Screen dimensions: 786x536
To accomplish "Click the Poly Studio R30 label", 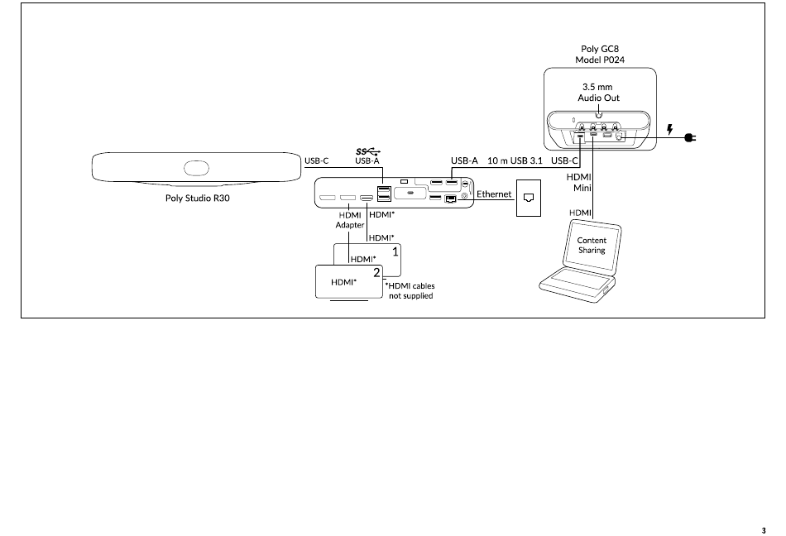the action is (198, 198).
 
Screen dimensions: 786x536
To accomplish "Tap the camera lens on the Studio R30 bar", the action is (197, 168).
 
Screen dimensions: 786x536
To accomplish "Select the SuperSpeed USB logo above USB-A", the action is (368, 151).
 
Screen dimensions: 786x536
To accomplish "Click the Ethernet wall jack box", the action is (529, 198).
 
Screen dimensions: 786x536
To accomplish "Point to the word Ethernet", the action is (494, 194).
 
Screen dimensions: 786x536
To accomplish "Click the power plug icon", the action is (690, 137).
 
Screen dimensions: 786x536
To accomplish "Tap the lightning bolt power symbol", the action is (669, 130).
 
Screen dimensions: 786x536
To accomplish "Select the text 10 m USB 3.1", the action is (515, 160).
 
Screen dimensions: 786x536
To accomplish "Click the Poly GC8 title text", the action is (600, 49).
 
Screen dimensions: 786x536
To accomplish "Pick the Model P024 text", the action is (600, 60).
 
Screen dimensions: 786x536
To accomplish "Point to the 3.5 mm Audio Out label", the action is (598, 93).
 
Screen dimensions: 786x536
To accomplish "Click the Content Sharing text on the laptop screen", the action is (592, 246).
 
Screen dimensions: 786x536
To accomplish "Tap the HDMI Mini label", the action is (579, 182).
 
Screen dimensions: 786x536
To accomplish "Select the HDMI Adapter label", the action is (350, 220).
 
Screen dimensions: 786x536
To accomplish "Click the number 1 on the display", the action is (395, 251).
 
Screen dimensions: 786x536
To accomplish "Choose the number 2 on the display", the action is (376, 273).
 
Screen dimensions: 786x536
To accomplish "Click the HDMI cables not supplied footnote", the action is (410, 291).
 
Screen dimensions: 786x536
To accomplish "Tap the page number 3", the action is (764, 530).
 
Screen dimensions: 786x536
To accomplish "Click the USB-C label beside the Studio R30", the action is (316, 160).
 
